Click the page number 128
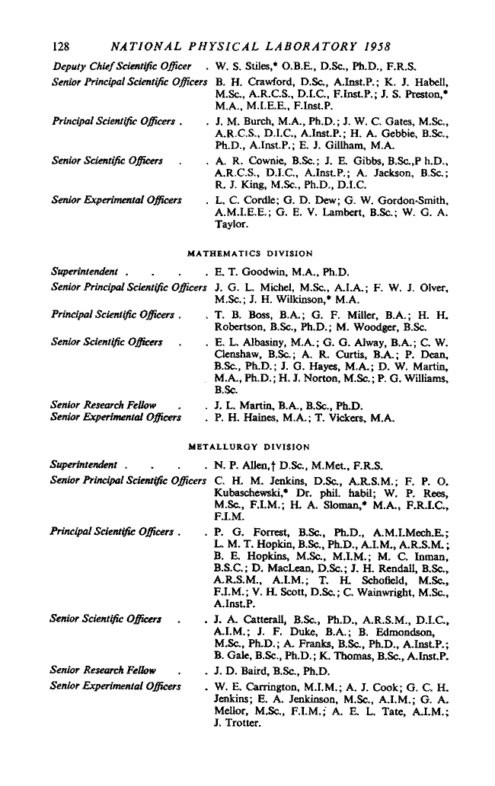point(62,37)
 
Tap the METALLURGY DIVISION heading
point(250,447)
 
